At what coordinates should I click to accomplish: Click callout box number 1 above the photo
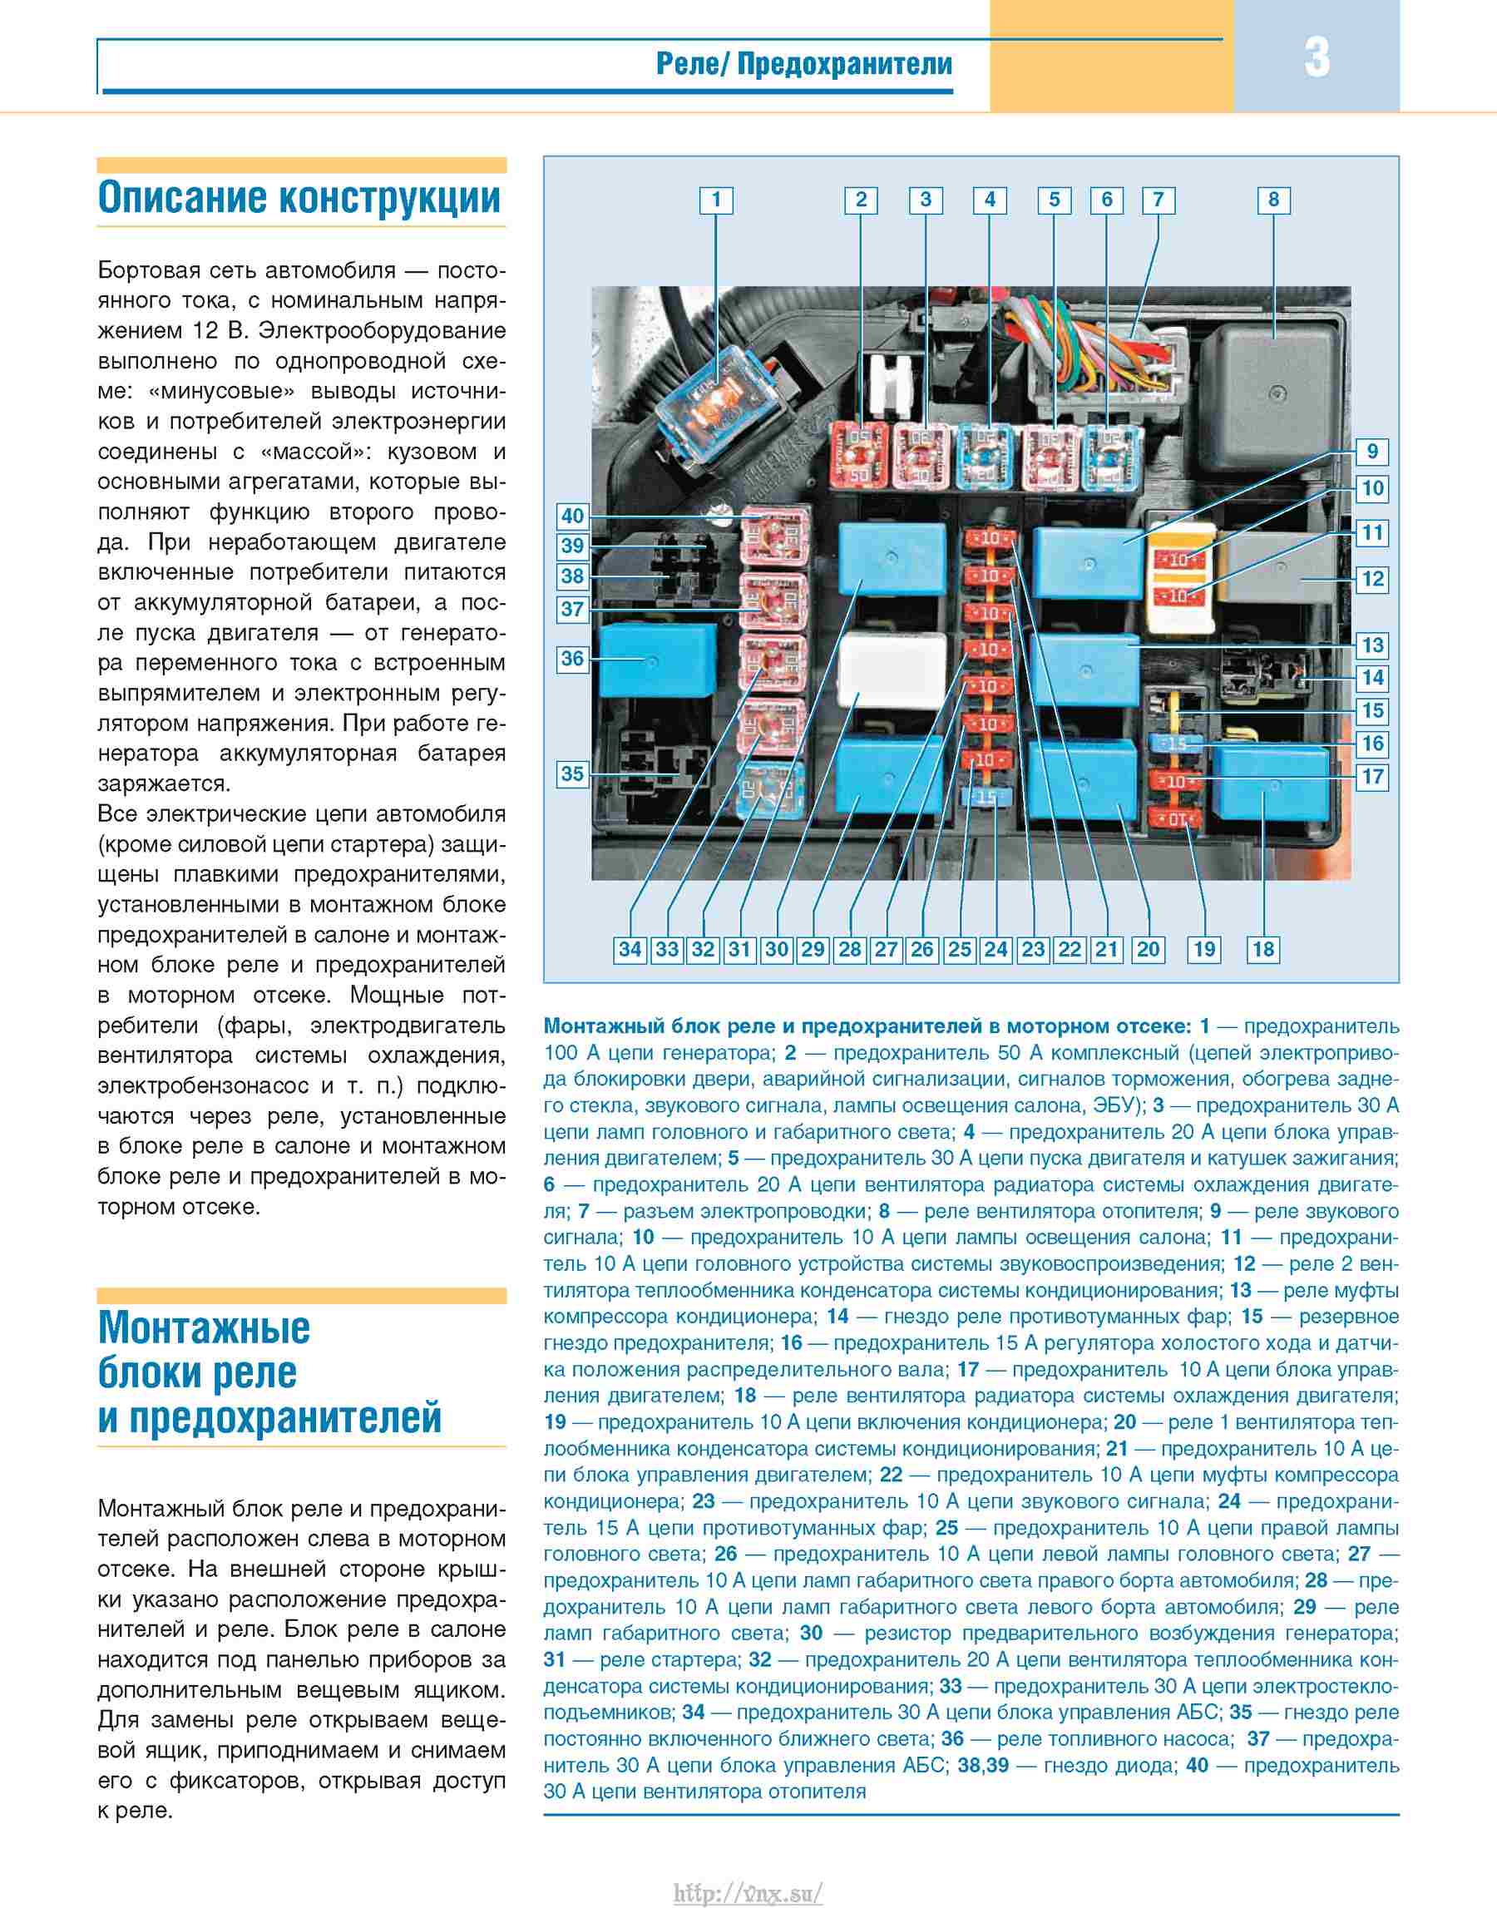tap(715, 200)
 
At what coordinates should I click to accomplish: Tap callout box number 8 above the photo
tap(1273, 200)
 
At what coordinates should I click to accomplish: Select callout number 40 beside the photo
tap(572, 517)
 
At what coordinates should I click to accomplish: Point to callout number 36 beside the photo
tap(572, 658)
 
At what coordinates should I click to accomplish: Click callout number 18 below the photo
tap(1263, 949)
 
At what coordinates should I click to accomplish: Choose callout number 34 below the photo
tap(630, 949)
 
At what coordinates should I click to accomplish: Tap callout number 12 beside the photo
tap(1371, 578)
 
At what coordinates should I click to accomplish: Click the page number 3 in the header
tap(1317, 58)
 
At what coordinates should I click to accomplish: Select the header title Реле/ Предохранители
tap(803, 64)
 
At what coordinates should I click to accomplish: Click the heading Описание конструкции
tap(299, 197)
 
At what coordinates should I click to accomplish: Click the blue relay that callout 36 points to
tap(656, 659)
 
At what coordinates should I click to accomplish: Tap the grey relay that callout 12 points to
tap(1282, 570)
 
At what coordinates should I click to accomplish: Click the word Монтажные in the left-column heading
tap(205, 1327)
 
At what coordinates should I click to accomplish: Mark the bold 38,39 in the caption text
tap(982, 1765)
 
